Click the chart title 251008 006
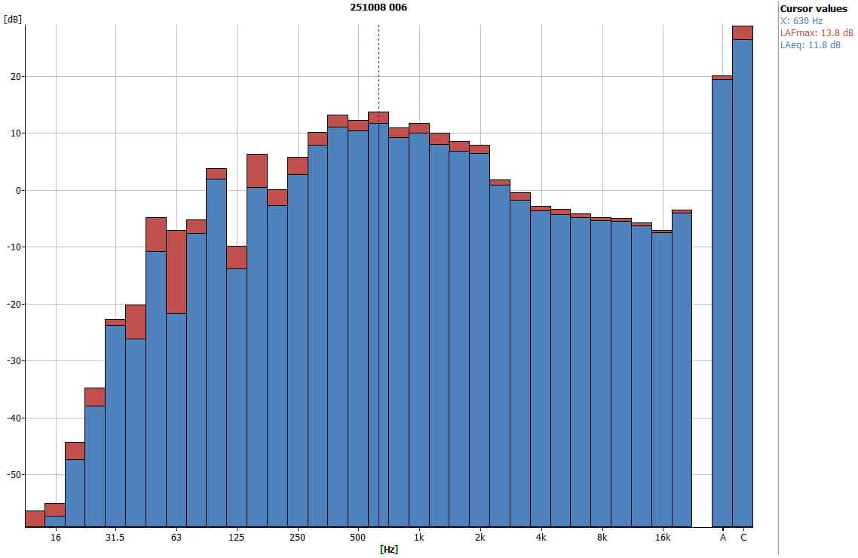(x=378, y=7)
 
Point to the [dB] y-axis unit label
(x=12, y=20)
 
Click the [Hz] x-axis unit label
(x=389, y=549)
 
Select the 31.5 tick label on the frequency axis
(x=115, y=538)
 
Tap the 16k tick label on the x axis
(x=662, y=538)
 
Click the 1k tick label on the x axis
(x=419, y=538)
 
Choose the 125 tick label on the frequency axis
(x=237, y=538)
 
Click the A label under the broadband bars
(x=722, y=538)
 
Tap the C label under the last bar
(x=743, y=538)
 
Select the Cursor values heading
(x=814, y=8)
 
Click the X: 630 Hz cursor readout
(x=801, y=20)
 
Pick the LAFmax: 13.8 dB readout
(x=817, y=32)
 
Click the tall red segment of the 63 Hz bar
(x=176, y=271)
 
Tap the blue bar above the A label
(x=722, y=302)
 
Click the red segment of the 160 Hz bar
(x=257, y=170)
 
